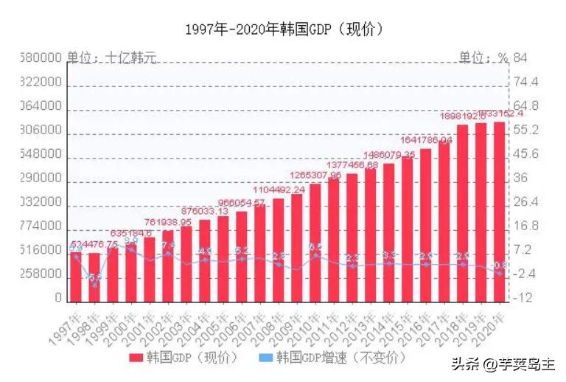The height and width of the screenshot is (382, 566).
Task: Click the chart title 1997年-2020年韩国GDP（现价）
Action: (284, 29)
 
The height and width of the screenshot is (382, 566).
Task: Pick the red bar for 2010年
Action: (315, 243)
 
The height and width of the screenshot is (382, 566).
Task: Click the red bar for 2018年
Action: (462, 213)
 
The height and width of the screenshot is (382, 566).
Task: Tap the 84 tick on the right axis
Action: (521, 58)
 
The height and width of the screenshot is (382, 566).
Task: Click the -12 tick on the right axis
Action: (523, 298)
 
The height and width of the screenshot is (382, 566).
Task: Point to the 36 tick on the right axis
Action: (521, 178)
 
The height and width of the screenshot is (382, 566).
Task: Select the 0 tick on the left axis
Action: (58, 298)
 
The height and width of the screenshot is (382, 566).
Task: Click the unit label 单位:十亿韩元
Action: (111, 57)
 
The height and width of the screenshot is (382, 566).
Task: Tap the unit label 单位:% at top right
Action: (483, 57)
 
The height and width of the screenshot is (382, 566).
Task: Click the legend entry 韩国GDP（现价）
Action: (183, 358)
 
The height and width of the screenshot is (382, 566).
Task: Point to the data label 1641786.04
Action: (426, 140)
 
